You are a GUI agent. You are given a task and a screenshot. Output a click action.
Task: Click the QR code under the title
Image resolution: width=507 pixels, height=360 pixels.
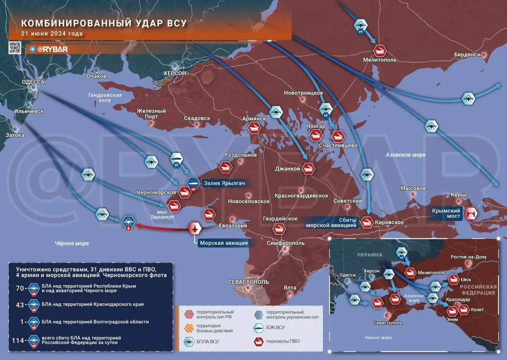tap(15, 47)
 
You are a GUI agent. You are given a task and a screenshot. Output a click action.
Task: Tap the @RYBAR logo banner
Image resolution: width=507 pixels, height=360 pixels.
tap(49, 49)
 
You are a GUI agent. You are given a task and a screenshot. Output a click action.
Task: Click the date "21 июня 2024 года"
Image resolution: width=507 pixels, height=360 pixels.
tap(51, 34)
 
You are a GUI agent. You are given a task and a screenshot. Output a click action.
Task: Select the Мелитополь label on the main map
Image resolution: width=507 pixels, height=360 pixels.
tap(380, 60)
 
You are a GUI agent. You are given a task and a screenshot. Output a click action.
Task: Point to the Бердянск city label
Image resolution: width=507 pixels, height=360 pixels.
tap(467, 54)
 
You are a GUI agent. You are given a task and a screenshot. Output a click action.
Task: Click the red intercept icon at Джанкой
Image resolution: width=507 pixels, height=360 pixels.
tap(308, 169)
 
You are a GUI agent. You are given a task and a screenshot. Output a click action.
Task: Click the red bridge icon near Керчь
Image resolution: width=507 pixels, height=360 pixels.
tap(471, 214)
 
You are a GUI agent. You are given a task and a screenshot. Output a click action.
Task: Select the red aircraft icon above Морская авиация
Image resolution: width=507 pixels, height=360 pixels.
tap(194, 228)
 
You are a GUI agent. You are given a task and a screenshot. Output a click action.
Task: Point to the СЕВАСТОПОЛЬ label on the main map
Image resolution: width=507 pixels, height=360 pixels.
tap(248, 282)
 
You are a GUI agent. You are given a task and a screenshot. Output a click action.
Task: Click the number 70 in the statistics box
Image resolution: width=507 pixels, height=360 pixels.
tap(20, 288)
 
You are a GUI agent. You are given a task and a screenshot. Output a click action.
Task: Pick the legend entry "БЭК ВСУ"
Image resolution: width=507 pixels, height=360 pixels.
tap(276, 327)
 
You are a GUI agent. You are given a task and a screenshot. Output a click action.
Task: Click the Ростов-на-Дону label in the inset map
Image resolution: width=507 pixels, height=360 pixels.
tap(469, 257)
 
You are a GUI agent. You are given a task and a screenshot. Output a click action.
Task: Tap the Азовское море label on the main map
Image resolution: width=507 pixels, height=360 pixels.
tap(406, 155)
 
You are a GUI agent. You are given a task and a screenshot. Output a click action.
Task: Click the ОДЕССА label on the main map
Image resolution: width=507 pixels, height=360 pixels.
tap(33, 82)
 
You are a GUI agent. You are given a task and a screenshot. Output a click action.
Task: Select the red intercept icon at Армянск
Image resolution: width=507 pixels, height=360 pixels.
tap(254, 128)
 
